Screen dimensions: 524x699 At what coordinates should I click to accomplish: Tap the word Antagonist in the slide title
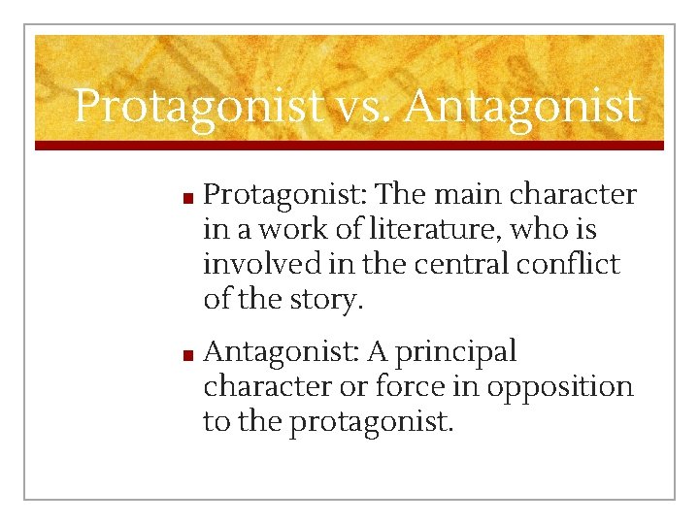coord(523,106)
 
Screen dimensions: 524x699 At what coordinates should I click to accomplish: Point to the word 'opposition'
coord(559,386)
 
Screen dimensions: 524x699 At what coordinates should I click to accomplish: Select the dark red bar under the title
coord(349,145)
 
